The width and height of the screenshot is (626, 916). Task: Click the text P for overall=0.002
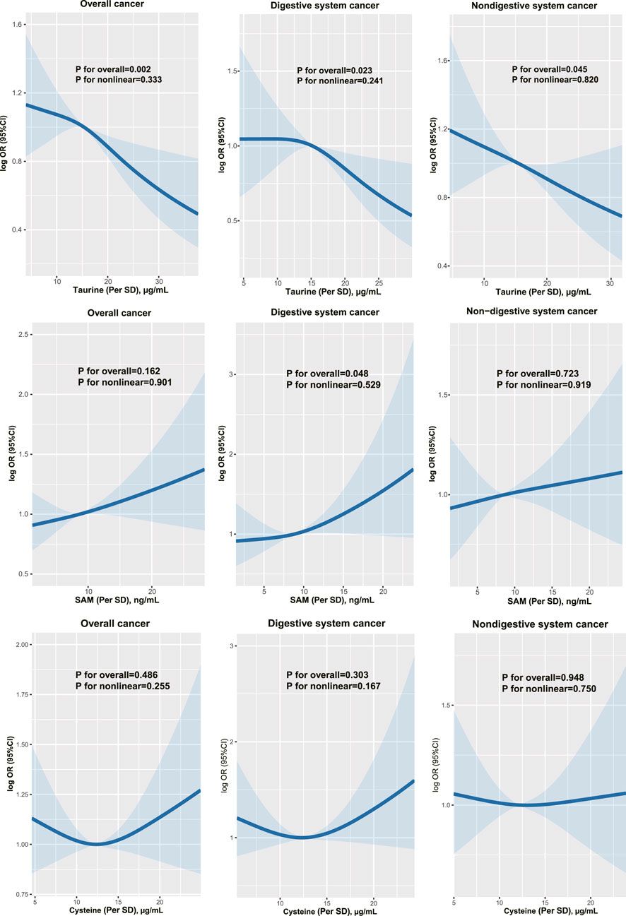click(x=115, y=69)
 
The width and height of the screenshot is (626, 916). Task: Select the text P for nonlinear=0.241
click(x=339, y=81)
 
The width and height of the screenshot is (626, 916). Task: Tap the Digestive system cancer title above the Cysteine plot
click(x=326, y=624)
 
